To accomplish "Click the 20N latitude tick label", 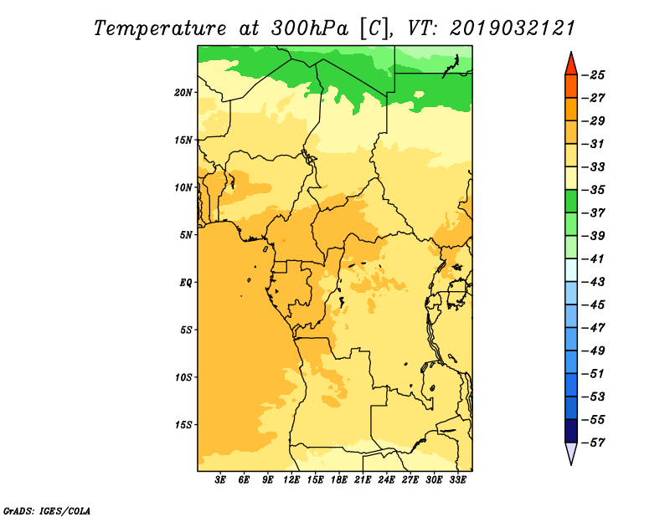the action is (x=183, y=93).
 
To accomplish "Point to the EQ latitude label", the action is (x=186, y=283).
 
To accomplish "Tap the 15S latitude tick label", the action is (x=183, y=425).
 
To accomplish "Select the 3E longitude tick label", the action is (x=220, y=479).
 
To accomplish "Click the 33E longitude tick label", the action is (x=457, y=479).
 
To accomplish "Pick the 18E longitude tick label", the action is (x=339, y=479).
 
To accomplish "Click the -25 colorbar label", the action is (x=594, y=75).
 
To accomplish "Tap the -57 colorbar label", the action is (x=594, y=443).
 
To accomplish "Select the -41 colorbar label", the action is (x=594, y=259).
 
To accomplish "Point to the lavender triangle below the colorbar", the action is (x=571, y=453).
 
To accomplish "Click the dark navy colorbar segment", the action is (x=571, y=431).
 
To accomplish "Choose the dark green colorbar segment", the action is (x=571, y=202).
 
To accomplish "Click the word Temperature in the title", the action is (x=160, y=28).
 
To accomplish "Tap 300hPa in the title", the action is (x=309, y=28).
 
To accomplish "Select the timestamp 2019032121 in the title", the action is (x=513, y=28).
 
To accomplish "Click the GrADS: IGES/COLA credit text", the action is (x=47, y=510).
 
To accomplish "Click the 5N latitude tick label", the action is (x=186, y=235).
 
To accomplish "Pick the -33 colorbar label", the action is (x=594, y=167).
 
